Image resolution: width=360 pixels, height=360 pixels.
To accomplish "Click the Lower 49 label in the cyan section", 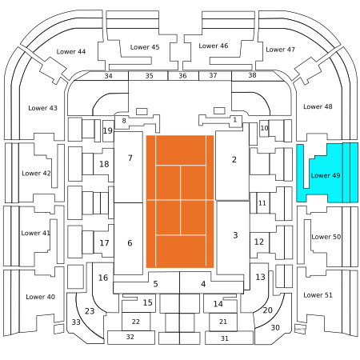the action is click(x=326, y=175).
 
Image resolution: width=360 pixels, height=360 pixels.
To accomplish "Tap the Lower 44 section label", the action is click(x=71, y=51).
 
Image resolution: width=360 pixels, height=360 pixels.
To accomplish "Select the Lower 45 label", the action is click(x=145, y=47).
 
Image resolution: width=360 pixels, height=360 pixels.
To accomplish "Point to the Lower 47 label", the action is click(x=280, y=50).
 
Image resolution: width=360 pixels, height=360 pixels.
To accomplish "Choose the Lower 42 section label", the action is click(x=36, y=174).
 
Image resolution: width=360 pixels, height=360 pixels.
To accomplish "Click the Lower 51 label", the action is click(x=318, y=295).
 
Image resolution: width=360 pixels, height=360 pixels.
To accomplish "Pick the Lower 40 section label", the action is click(x=40, y=297).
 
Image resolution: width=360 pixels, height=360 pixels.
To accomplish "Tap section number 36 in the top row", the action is click(x=182, y=76).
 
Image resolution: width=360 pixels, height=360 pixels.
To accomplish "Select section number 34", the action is click(x=108, y=76).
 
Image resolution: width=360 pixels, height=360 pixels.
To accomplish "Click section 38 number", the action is click(x=252, y=75).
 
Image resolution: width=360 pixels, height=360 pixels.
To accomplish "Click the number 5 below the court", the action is click(x=156, y=284).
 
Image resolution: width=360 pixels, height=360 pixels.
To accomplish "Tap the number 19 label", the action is click(x=108, y=130).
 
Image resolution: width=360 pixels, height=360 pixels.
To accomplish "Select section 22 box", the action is click(x=136, y=322).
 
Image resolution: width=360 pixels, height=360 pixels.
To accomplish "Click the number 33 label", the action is click(x=76, y=322).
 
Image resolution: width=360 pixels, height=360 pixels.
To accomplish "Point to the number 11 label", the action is click(x=262, y=203).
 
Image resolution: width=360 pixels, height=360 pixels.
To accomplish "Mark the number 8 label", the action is click(x=124, y=121).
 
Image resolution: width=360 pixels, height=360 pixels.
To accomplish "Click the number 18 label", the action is click(x=104, y=164).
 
